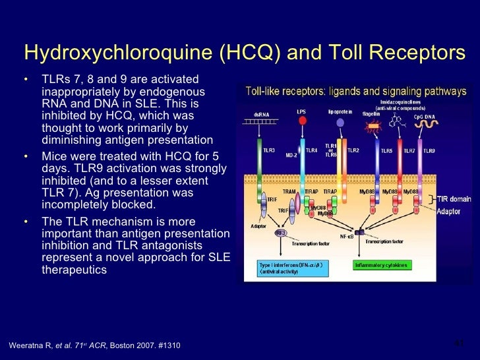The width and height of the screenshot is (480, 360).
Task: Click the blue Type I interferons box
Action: pos(291,268)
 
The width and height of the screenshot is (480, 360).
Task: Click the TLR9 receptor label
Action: pos(429,150)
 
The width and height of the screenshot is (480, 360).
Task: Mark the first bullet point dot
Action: pos(26,80)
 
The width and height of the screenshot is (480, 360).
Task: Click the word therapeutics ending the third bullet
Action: pos(73,270)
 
